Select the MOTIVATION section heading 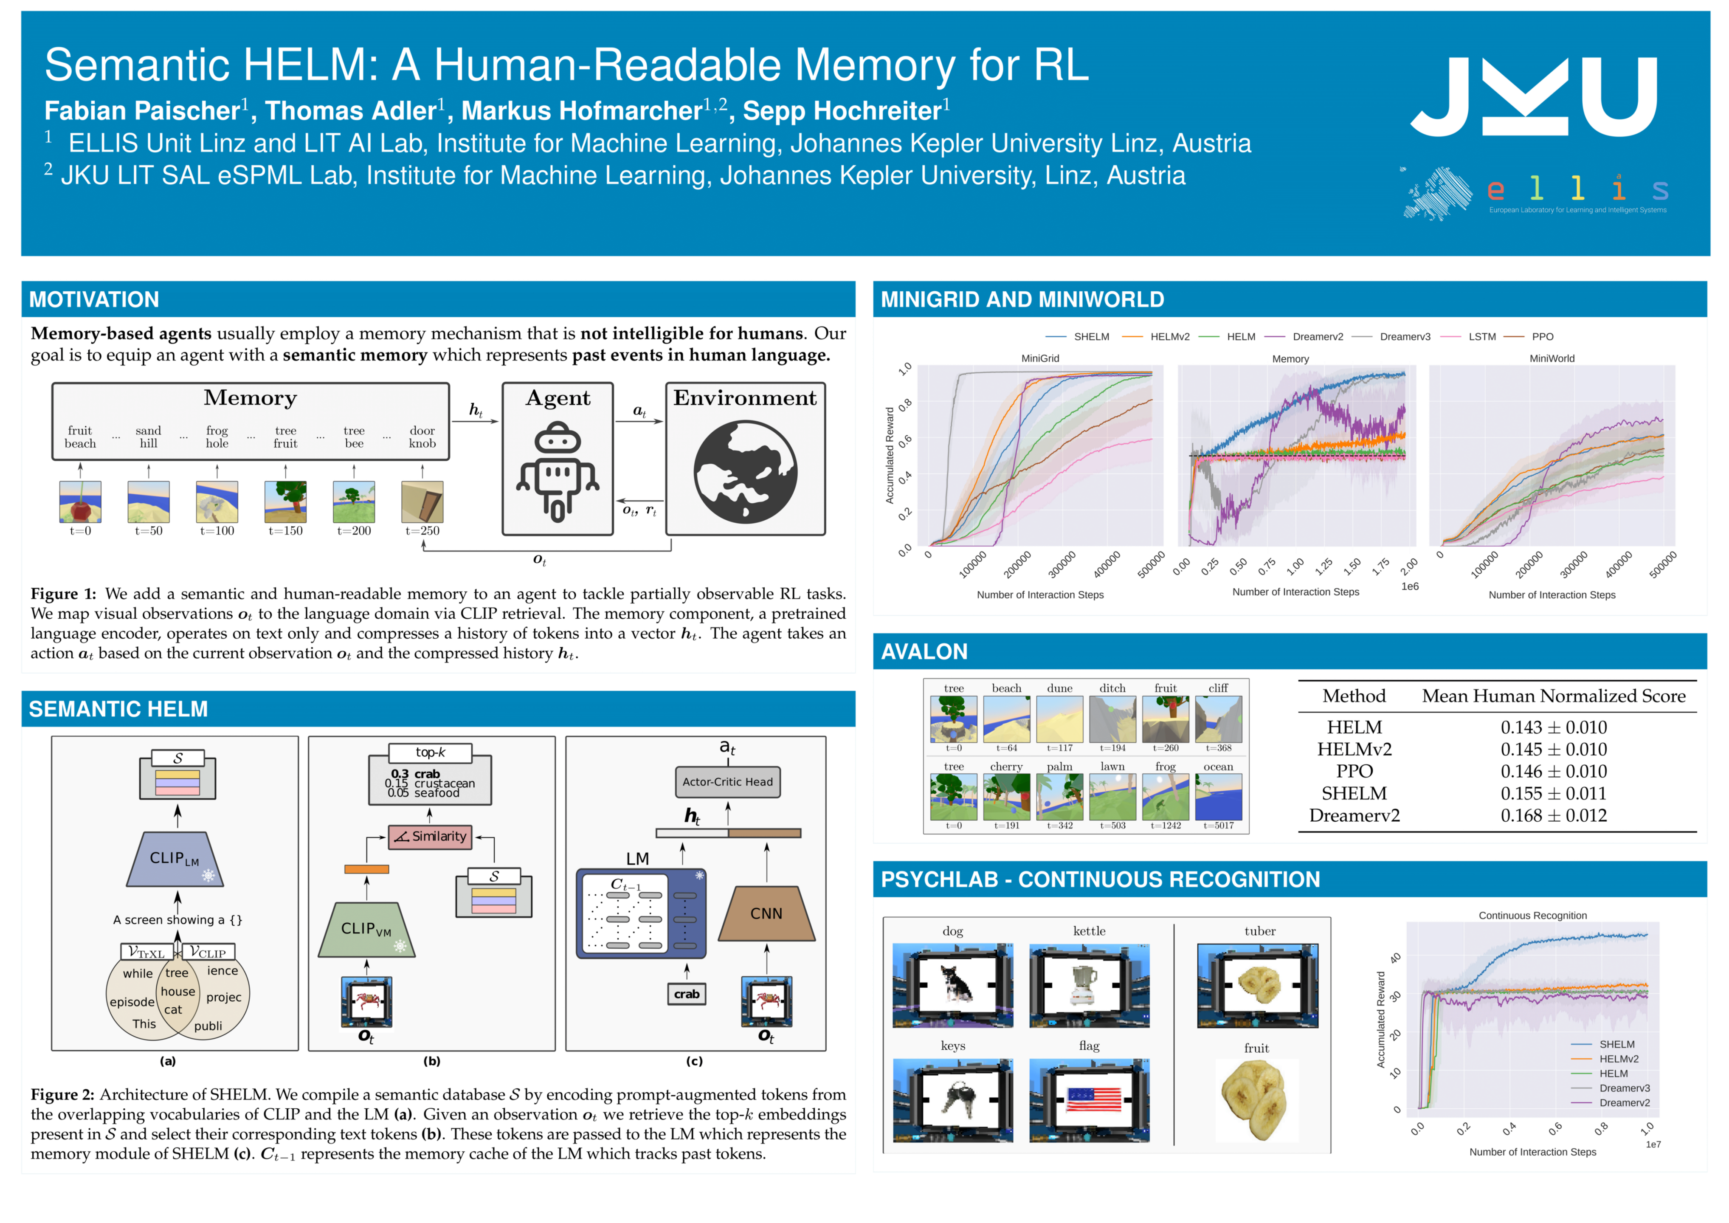pyautogui.click(x=94, y=300)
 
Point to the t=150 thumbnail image pyautogui.click(x=285, y=502)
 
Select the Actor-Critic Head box pyautogui.click(x=727, y=782)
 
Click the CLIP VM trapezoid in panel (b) pyautogui.click(x=366, y=929)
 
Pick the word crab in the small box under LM pyautogui.click(x=686, y=994)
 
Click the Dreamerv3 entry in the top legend pyautogui.click(x=1405, y=337)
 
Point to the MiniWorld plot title pyautogui.click(x=1551, y=358)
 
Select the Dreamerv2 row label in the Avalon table pyautogui.click(x=1354, y=816)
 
